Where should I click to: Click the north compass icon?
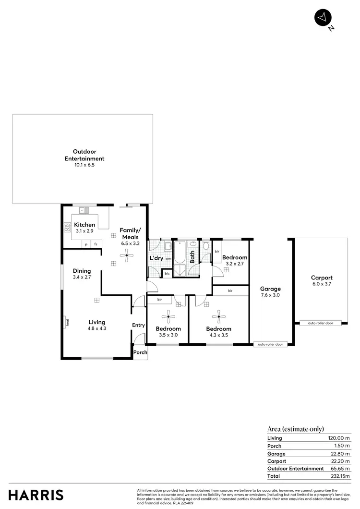[x=323, y=17]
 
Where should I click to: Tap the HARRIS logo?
[x=36, y=495]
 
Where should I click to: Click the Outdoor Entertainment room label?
[x=84, y=155]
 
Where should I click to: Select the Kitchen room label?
[x=84, y=225]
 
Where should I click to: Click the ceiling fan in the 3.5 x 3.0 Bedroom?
[x=168, y=315]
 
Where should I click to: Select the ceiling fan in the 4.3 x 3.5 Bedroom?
[x=219, y=315]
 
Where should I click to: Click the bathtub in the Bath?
[x=180, y=254]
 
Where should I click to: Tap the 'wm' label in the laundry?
[x=168, y=258]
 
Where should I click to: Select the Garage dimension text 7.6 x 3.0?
[x=270, y=295]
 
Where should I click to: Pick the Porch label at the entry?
[x=140, y=352]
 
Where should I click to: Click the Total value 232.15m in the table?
[x=340, y=476]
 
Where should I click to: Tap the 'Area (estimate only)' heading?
[x=295, y=429]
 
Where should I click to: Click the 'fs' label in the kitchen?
[x=96, y=244]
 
